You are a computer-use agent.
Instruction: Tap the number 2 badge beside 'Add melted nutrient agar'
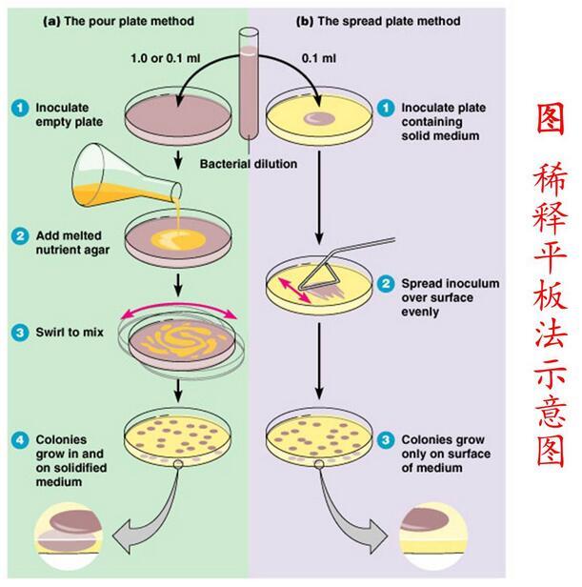[x=16, y=234]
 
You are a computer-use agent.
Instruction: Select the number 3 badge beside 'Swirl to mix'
[x=16, y=333]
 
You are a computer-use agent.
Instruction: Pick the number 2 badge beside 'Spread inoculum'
[x=386, y=283]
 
